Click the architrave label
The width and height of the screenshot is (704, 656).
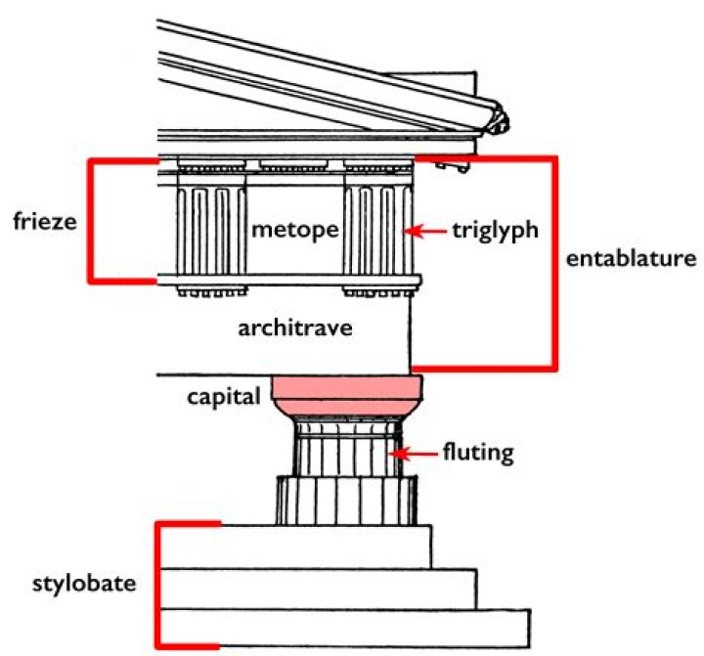click(x=294, y=328)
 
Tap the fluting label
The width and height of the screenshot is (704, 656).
click(x=477, y=454)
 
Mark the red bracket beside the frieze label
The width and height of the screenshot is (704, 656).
click(x=92, y=221)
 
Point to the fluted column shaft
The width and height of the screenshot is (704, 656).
click(x=346, y=459)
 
